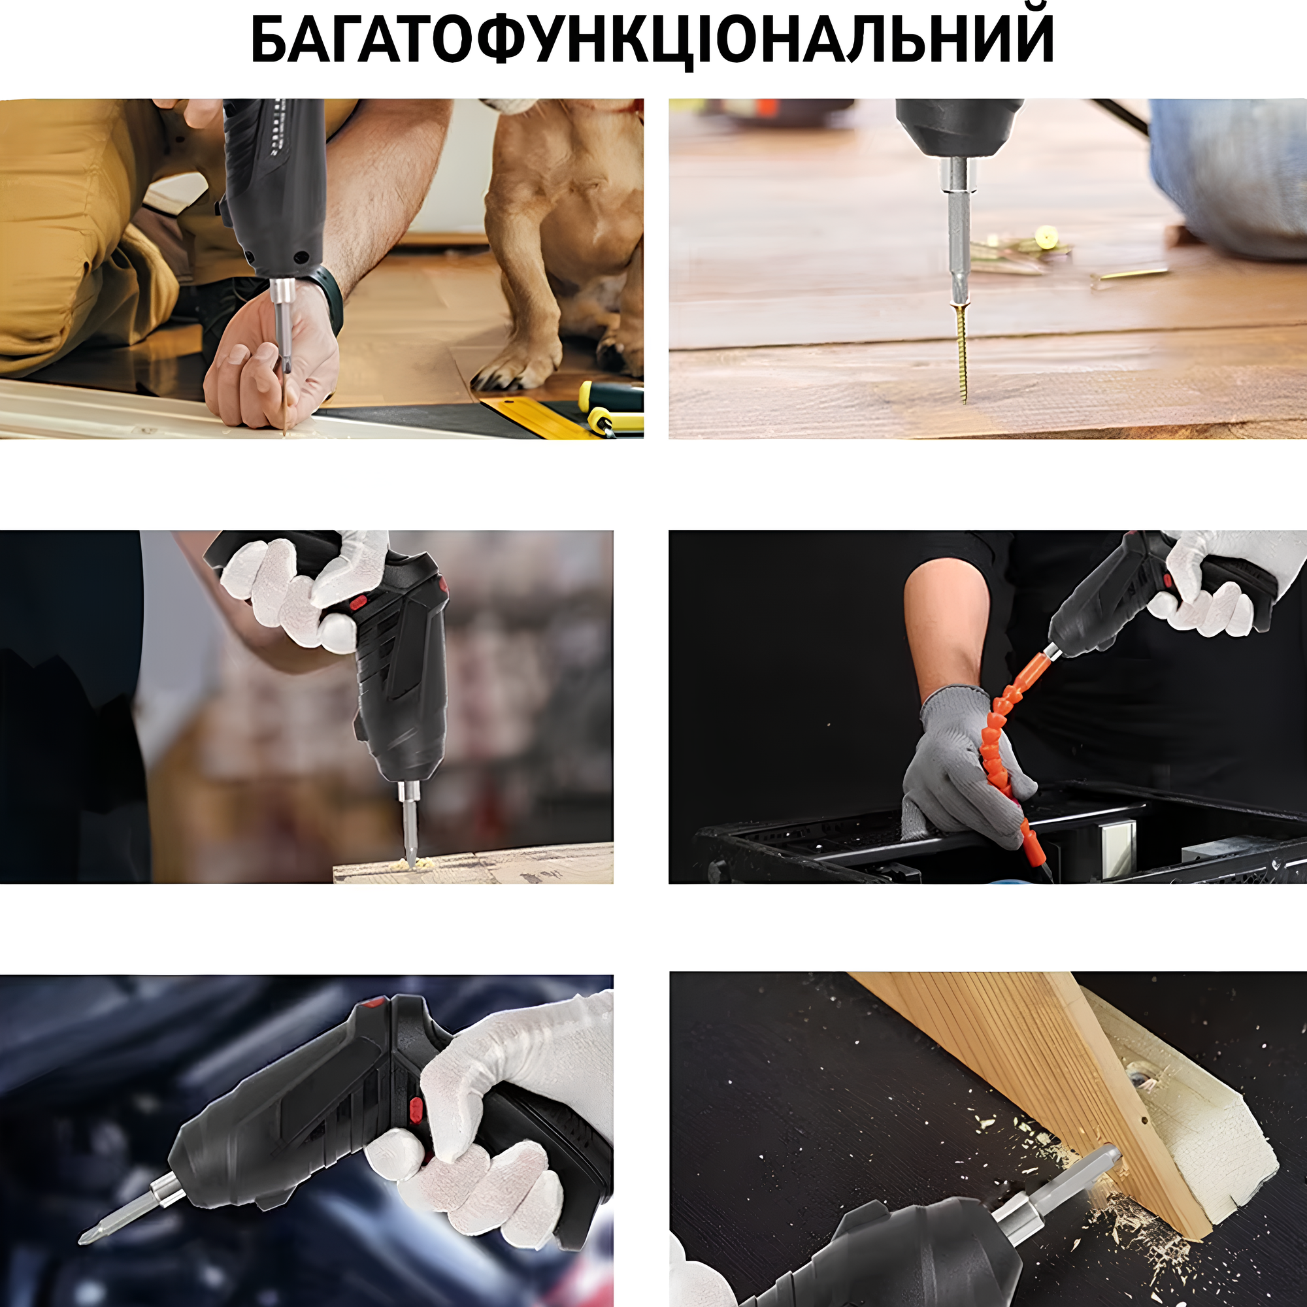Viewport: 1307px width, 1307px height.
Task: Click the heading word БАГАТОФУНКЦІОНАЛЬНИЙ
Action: click(652, 39)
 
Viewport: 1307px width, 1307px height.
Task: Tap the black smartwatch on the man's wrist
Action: click(329, 299)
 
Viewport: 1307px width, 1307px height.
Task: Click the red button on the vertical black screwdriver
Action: click(359, 601)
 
